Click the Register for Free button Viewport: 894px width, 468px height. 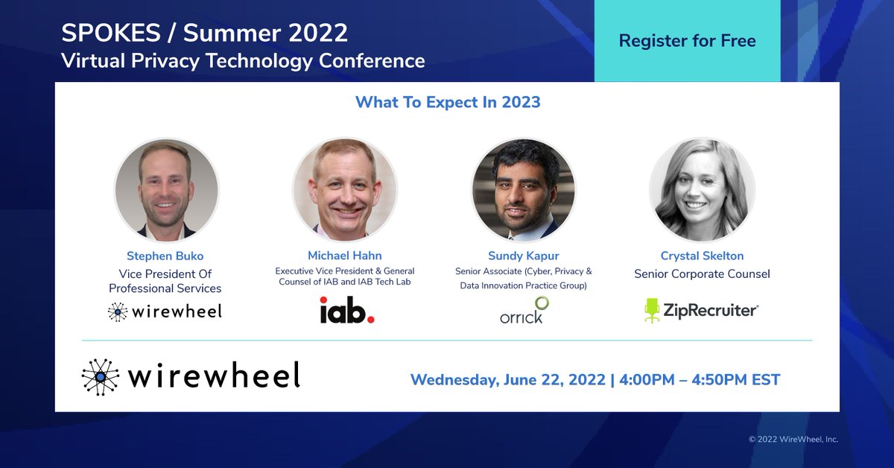[687, 40]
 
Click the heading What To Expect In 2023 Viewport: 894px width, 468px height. [448, 102]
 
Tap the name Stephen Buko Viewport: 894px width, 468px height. [165, 256]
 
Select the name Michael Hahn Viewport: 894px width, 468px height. [344, 256]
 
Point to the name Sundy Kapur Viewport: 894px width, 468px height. [523, 256]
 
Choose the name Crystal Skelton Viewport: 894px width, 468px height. [702, 256]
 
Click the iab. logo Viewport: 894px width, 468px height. [346, 310]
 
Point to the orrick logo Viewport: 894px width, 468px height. [523, 310]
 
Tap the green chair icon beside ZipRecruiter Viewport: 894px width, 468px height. [652, 310]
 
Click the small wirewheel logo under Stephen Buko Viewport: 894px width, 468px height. [165, 311]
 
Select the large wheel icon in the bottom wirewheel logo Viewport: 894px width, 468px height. [100, 376]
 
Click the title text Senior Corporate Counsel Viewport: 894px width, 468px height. [702, 273]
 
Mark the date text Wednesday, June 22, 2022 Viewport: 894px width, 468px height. [508, 380]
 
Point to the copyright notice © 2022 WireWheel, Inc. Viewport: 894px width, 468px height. [793, 440]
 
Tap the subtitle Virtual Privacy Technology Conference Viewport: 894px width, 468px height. [243, 61]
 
